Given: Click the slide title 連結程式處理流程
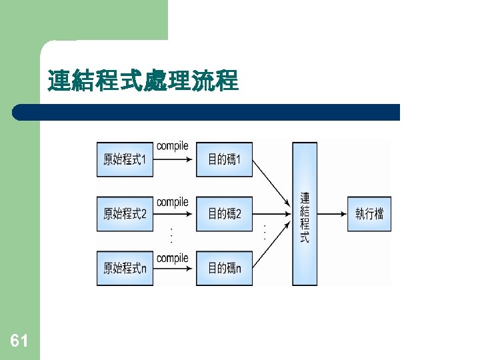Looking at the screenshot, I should coord(143,81).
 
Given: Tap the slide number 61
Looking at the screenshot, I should coord(19,341).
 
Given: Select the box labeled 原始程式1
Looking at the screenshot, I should coord(125,159).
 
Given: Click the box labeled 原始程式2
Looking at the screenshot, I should coord(125,214).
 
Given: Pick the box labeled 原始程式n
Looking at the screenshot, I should coord(125,268).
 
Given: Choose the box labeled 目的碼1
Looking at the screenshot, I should coord(224,159).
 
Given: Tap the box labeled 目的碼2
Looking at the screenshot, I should coord(224,214).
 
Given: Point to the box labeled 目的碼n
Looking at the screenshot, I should coord(224,268).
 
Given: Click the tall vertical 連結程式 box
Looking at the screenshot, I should coord(305,214).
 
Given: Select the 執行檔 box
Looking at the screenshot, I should coord(369,214).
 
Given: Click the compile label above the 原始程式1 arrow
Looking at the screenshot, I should coord(173,146).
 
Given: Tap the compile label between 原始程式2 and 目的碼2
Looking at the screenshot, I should coord(173,201).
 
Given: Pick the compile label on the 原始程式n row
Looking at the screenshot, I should coord(173,257).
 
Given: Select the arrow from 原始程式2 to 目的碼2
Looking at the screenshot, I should coord(174,214).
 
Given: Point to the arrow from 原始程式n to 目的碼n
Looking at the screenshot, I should coord(174,269).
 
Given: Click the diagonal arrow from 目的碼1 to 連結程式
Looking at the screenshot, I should coord(272,187).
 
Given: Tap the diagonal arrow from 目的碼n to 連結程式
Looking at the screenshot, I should coord(272,241).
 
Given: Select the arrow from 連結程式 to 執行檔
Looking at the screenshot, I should coord(331,214).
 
